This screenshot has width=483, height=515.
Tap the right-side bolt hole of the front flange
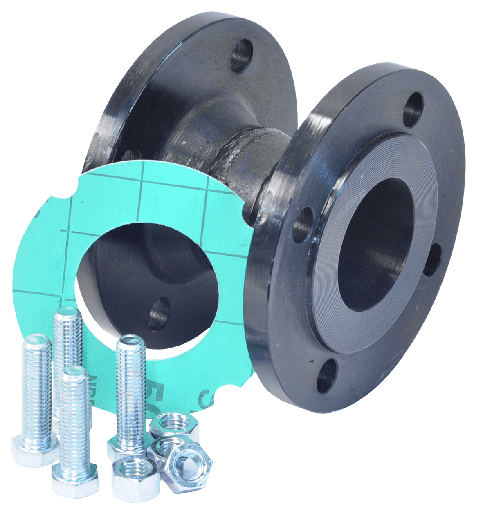click(433, 260)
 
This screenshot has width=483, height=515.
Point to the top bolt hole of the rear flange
click(241, 56)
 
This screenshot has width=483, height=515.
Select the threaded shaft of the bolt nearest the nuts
click(130, 392)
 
